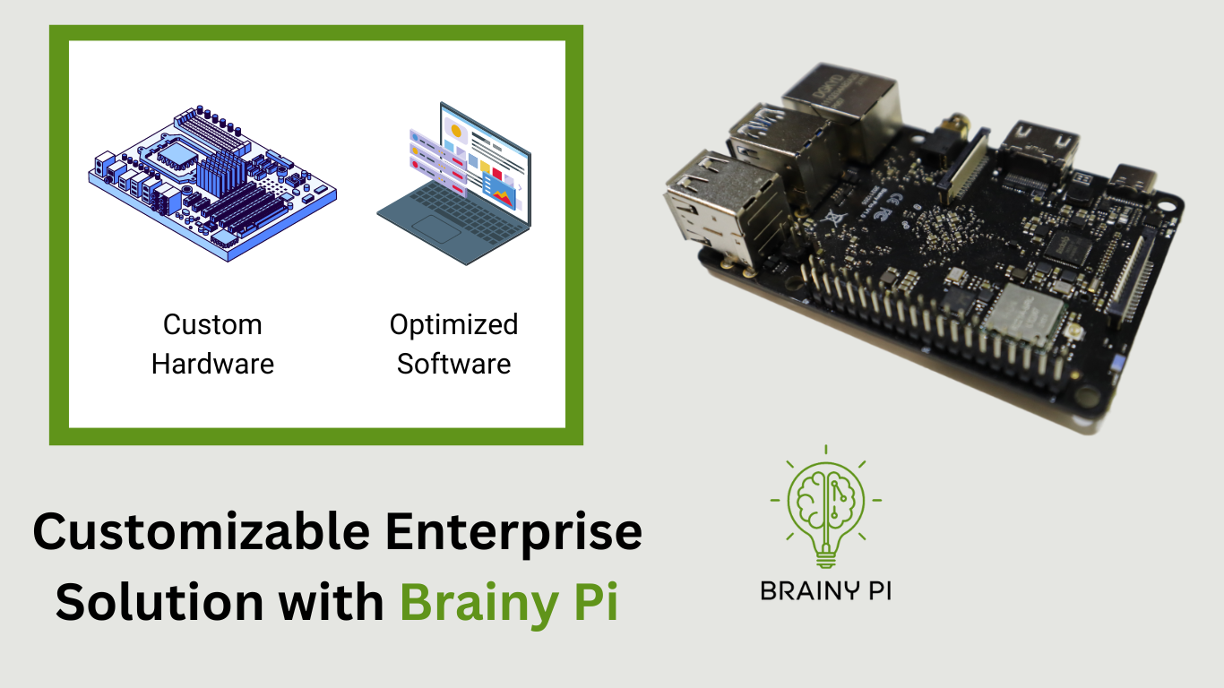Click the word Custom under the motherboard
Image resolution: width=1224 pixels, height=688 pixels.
coord(212,324)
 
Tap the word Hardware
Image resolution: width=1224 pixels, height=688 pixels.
coord(212,364)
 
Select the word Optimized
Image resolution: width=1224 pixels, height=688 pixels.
coord(453,326)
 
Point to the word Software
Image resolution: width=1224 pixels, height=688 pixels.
coord(453,364)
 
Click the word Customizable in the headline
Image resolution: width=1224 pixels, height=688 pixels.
coord(201,531)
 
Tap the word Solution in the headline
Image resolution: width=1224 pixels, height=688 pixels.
coord(159,602)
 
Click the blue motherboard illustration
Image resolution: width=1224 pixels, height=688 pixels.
coord(212,184)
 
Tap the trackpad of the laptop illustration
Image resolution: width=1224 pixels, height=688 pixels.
coord(436,229)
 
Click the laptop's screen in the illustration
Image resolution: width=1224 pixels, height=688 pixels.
coord(486,163)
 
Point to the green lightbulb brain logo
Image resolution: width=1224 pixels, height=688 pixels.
coord(825,507)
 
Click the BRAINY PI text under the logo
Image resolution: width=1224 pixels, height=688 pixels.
coord(825,591)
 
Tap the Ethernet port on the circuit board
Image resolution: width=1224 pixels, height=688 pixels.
coord(841,109)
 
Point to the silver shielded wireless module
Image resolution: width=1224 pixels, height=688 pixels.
coord(1023,317)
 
